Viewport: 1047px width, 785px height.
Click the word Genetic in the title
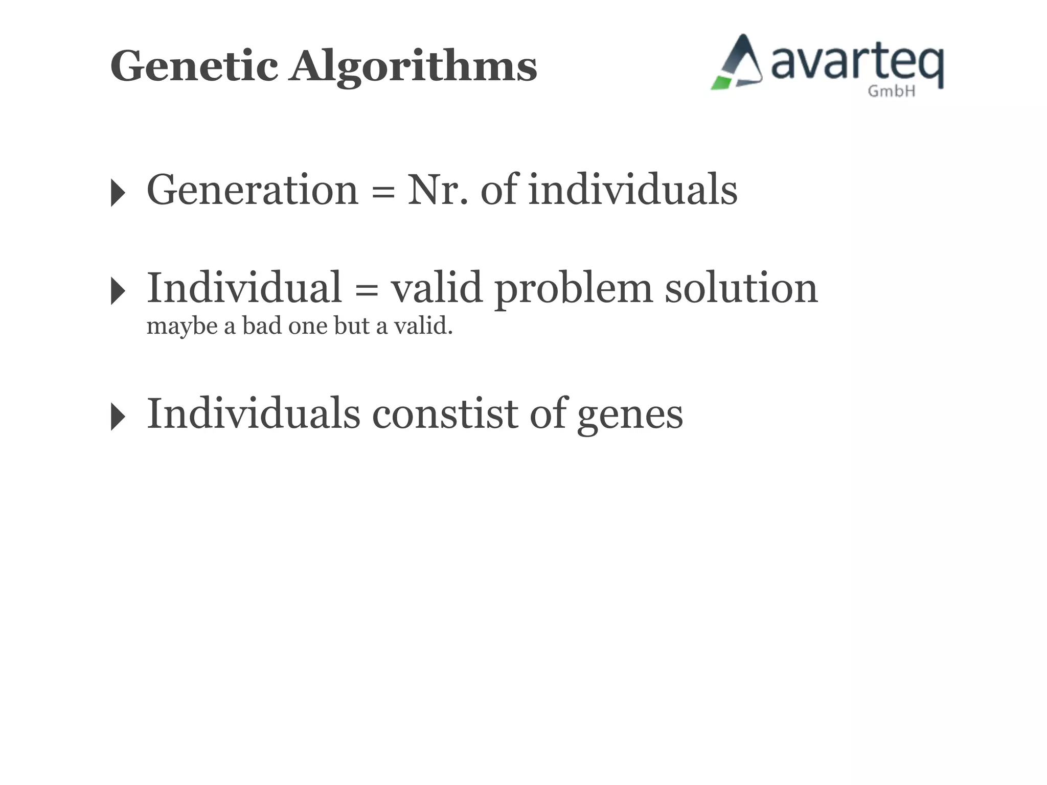[194, 66]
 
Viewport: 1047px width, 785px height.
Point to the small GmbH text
[891, 91]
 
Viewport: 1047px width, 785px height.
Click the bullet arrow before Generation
[118, 193]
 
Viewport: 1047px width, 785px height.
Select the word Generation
[253, 190]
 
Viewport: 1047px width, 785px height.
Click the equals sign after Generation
[383, 193]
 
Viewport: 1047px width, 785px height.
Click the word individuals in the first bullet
[632, 190]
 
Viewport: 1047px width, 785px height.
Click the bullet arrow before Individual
[118, 291]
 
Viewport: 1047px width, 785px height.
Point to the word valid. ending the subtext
[423, 326]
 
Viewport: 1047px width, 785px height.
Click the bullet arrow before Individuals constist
[118, 417]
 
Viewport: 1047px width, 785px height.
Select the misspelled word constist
[445, 414]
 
